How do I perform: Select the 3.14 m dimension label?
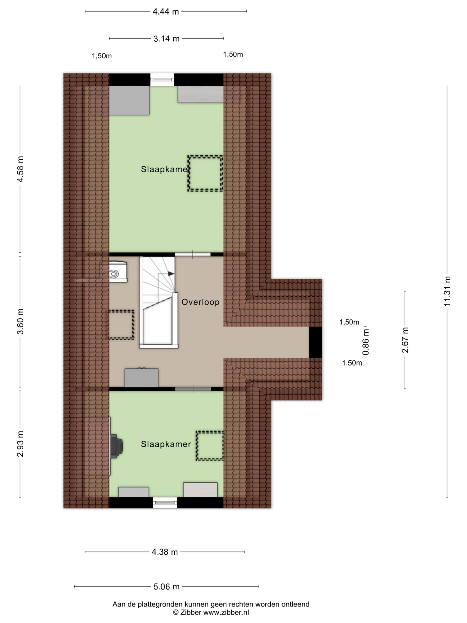tap(166, 39)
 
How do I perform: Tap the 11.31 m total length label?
tap(447, 291)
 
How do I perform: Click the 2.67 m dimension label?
tap(405, 340)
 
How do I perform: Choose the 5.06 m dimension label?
tap(166, 587)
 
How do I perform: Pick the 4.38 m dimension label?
tap(165, 552)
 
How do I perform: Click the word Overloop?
tap(200, 302)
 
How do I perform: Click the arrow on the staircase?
tap(171, 274)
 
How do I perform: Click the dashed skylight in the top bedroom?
tap(205, 174)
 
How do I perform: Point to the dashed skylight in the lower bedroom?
tap(209, 446)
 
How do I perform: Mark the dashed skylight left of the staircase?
tap(121, 324)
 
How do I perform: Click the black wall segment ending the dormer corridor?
tap(315, 342)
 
